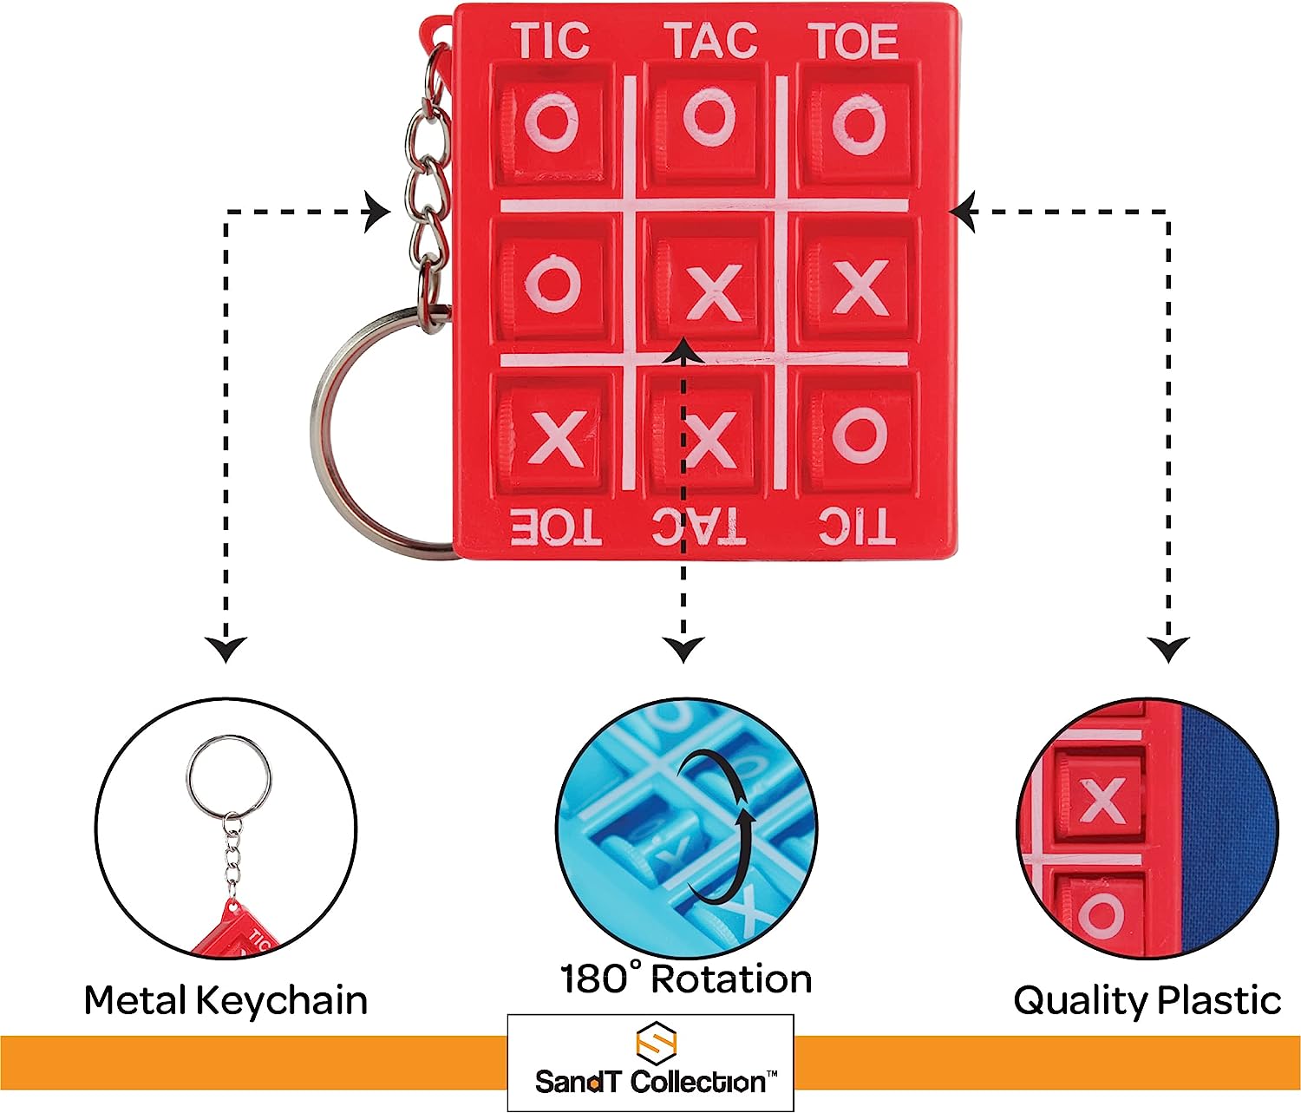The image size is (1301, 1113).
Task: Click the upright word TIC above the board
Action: click(x=550, y=41)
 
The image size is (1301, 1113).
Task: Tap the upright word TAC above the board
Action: click(x=710, y=41)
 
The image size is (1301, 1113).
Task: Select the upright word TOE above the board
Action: click(x=853, y=41)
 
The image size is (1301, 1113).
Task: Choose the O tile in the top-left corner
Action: click(x=552, y=123)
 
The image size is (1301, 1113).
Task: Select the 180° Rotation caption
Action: click(x=686, y=979)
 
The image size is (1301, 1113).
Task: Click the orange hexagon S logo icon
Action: click(x=656, y=1040)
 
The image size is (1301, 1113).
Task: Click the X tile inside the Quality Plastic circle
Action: click(x=1102, y=801)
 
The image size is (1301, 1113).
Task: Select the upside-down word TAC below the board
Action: click(x=699, y=527)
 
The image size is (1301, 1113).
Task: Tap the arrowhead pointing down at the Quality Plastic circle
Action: click(x=1168, y=648)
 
